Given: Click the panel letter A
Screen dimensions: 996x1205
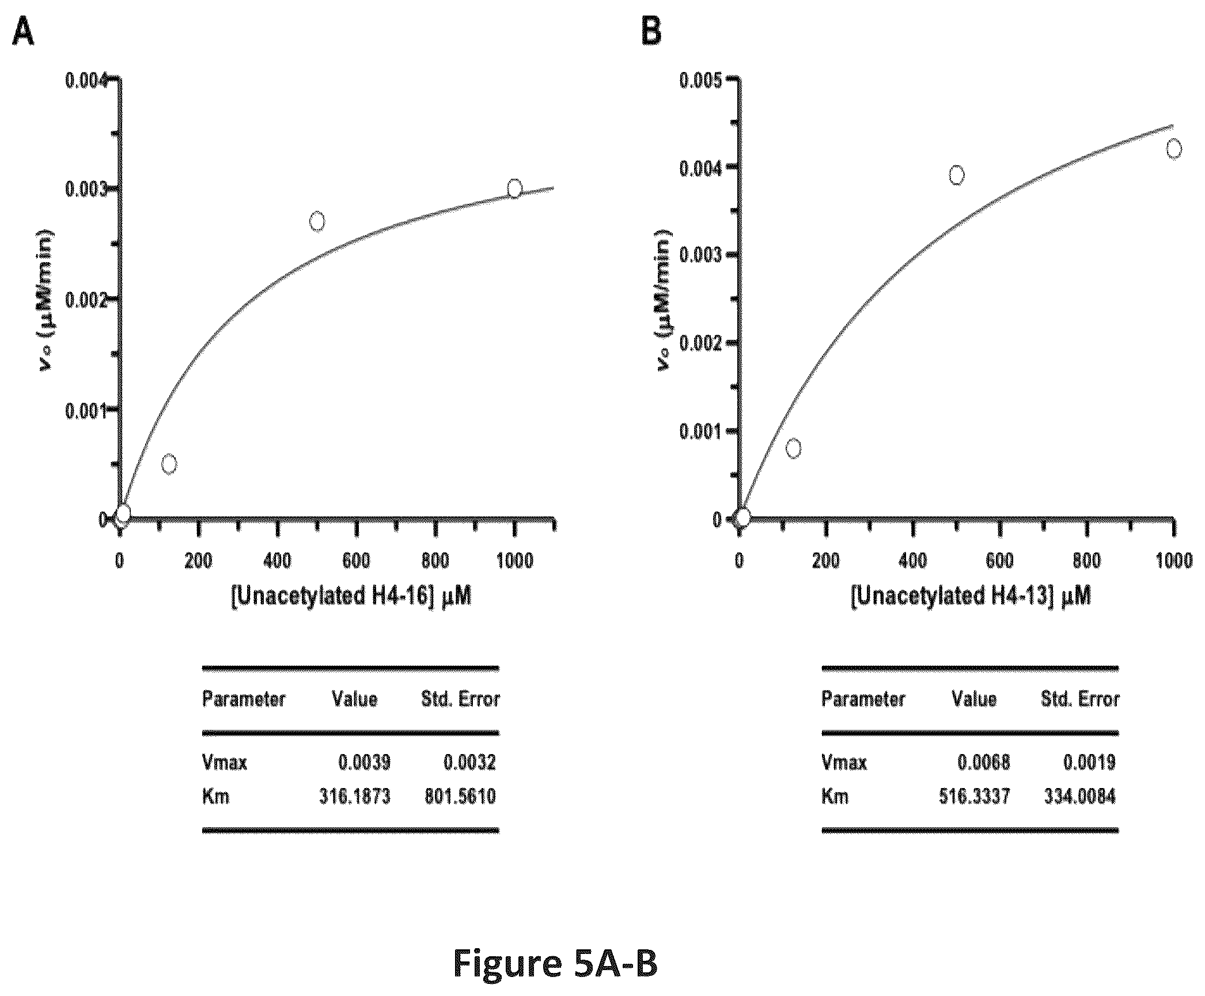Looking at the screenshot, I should click(23, 31).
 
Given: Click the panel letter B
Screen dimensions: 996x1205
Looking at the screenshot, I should click(651, 31).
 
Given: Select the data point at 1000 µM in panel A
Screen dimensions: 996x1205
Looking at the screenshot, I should click(514, 188).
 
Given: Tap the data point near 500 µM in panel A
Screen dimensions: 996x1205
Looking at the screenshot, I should click(317, 221).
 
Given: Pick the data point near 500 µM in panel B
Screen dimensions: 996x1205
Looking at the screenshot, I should click(956, 175).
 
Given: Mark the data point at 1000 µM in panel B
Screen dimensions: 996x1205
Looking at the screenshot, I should click(1173, 149).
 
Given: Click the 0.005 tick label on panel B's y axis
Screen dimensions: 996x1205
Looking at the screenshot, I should click(700, 80).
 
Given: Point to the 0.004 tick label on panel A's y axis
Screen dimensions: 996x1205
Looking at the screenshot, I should click(86, 80).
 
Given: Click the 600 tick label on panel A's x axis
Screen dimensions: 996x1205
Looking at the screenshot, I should click(356, 561).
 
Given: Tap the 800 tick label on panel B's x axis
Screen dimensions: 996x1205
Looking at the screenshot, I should click(1086, 561).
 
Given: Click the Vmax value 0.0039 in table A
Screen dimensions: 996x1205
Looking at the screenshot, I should click(364, 763).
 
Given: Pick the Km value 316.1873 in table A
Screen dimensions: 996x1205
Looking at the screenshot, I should click(355, 797).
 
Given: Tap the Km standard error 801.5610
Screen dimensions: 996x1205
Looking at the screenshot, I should click(460, 797).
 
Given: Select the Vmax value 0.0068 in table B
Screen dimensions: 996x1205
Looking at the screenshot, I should click(984, 763).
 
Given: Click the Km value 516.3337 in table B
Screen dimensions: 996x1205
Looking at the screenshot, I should click(975, 797).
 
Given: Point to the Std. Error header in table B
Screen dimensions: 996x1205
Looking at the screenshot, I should click(1080, 699).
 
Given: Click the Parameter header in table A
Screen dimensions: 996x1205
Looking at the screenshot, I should click(244, 699).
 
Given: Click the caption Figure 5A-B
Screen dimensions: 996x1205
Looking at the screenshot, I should click(555, 963).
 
